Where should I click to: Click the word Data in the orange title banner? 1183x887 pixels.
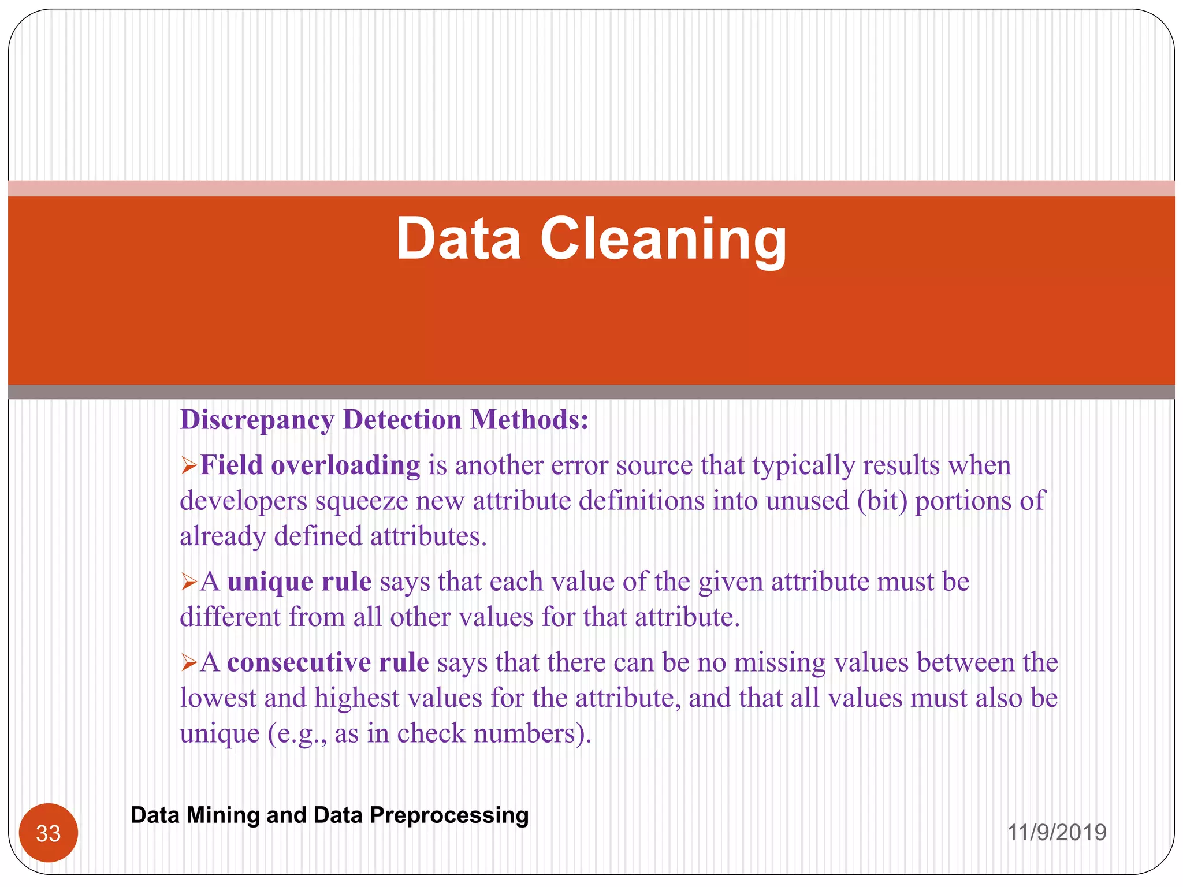458,239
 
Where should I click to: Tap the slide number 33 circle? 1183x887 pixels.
49,833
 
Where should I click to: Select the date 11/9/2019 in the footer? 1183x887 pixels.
1056,832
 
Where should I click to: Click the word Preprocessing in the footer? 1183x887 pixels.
449,815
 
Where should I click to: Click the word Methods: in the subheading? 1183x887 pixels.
529,420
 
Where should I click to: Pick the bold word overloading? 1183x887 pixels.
345,465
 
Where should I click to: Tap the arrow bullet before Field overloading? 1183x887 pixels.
189,465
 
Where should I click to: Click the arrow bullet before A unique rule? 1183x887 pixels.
189,582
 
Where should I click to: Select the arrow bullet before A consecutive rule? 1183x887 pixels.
189,662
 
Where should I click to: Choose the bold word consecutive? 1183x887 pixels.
299,662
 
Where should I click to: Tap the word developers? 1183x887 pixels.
243,501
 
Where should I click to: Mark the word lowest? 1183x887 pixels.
218,698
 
